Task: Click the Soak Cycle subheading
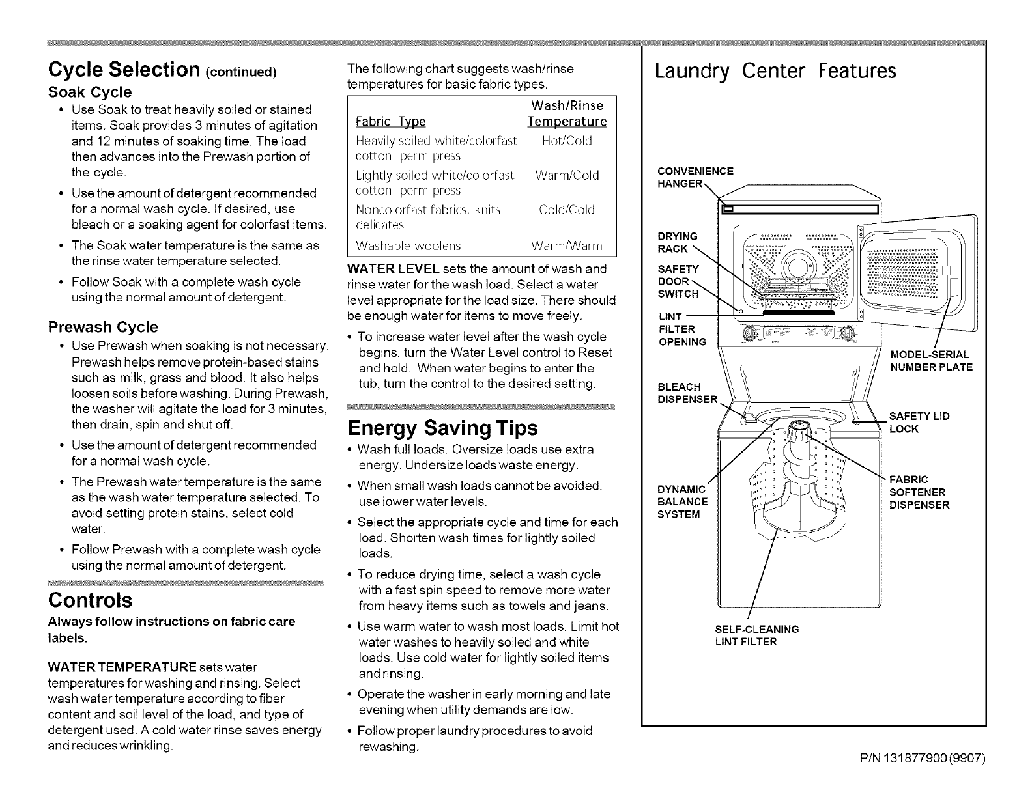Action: [x=90, y=92]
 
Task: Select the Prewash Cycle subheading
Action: [x=104, y=327]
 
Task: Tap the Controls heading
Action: [x=90, y=599]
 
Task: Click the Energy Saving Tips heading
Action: [x=443, y=428]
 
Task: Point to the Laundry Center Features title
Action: [x=775, y=70]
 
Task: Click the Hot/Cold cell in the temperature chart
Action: [x=566, y=141]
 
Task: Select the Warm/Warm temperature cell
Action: [x=566, y=245]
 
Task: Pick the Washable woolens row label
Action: [x=408, y=245]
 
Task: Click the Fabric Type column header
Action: [x=390, y=122]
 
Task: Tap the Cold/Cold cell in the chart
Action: [x=566, y=210]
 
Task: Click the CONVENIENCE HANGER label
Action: [x=695, y=177]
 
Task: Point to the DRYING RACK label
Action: [x=678, y=242]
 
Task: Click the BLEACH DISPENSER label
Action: [x=687, y=393]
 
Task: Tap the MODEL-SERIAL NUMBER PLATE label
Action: [x=930, y=361]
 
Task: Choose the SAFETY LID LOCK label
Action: [x=919, y=423]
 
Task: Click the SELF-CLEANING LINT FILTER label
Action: [x=756, y=636]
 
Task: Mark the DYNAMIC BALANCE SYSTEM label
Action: [x=682, y=501]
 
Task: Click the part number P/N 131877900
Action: [x=925, y=758]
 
